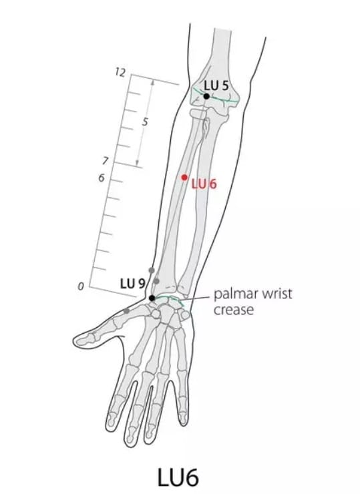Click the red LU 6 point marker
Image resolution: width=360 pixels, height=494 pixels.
pyautogui.click(x=184, y=178)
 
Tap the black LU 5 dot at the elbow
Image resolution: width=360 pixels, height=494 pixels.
pyautogui.click(x=206, y=96)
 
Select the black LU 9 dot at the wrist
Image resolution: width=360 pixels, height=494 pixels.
pyautogui.click(x=152, y=298)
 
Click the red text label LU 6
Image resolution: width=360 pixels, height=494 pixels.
pyautogui.click(x=204, y=184)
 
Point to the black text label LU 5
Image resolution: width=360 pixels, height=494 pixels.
pyautogui.click(x=216, y=85)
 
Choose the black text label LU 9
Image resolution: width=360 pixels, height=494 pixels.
pyautogui.click(x=132, y=284)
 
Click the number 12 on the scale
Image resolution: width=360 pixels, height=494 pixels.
pyautogui.click(x=120, y=73)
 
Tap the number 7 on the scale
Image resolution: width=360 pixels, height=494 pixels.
pyautogui.click(x=105, y=161)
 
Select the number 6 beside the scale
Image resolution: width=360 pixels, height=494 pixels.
pyautogui.click(x=102, y=178)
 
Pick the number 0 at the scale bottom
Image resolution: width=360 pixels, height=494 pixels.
pyautogui.click(x=81, y=286)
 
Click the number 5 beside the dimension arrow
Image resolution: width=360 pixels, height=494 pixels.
pyautogui.click(x=145, y=121)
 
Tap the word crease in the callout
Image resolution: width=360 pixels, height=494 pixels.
pyautogui.click(x=234, y=310)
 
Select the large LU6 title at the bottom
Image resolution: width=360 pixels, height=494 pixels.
pyautogui.click(x=178, y=477)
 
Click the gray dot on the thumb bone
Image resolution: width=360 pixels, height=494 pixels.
pyautogui.click(x=127, y=311)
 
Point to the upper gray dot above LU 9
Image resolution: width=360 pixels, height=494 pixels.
pyautogui.click(x=152, y=270)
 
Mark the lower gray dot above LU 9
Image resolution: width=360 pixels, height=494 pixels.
pyautogui.click(x=156, y=280)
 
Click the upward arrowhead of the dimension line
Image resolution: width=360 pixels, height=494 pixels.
pyautogui.click(x=153, y=82)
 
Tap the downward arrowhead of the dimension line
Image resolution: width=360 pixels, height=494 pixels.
pyautogui.click(x=138, y=163)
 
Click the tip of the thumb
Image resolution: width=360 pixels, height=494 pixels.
pyautogui.click(x=74, y=340)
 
